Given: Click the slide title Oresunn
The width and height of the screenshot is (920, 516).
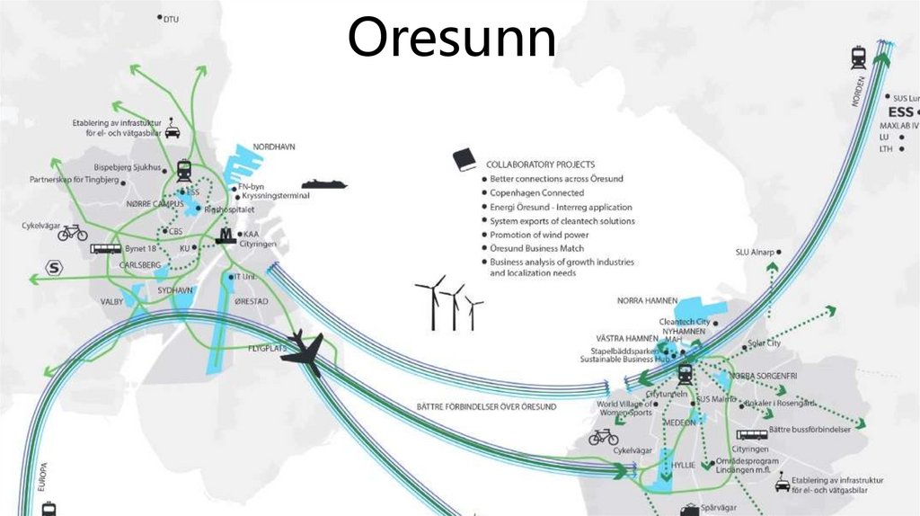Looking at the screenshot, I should (452, 39).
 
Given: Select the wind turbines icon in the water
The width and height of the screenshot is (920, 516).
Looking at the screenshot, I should (449, 303).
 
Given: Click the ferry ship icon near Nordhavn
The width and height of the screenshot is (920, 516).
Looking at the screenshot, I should (323, 183).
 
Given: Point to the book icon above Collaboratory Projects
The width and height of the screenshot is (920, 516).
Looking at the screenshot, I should (464, 160).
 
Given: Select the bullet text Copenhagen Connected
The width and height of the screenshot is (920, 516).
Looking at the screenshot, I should (536, 193).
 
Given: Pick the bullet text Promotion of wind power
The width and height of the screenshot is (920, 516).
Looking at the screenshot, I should (538, 235).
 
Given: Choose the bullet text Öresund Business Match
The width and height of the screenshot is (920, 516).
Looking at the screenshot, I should (536, 248).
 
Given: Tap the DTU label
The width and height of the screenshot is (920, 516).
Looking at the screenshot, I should (171, 18).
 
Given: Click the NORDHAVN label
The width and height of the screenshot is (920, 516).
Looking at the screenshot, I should (274, 147).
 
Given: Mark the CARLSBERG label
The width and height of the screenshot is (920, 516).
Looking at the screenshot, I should (138, 265).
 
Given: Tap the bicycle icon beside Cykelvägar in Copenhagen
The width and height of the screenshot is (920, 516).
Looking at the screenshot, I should (72, 233).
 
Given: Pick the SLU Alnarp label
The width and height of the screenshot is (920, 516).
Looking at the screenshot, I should (754, 253).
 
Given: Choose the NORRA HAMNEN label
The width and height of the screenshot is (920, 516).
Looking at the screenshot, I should (646, 300).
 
